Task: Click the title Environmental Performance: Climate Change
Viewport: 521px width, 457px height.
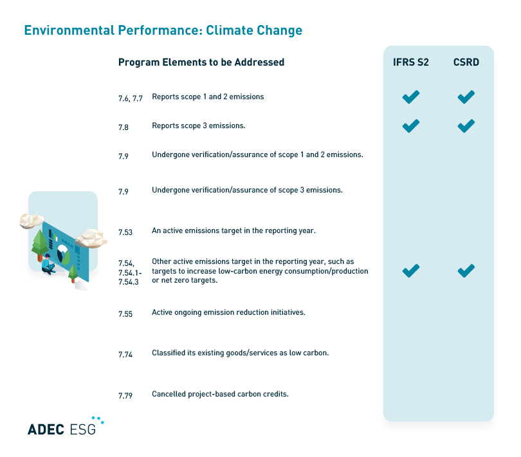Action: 163,30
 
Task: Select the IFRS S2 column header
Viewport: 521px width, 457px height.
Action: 411,62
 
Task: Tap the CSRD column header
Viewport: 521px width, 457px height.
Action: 466,62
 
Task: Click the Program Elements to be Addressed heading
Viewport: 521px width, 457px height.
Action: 201,62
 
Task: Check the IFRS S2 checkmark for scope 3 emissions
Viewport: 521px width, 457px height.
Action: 410,126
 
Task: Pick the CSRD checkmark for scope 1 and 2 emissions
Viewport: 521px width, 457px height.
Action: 466,97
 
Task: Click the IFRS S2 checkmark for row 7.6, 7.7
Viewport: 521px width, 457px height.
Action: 410,97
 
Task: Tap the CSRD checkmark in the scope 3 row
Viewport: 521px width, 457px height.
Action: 466,126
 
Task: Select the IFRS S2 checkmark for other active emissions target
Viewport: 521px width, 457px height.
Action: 410,271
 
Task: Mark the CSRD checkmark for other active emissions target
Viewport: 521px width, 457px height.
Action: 466,271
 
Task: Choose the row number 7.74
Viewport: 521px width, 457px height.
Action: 125,355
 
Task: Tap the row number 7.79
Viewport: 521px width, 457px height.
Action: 125,396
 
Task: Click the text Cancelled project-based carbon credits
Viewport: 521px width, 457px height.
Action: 220,393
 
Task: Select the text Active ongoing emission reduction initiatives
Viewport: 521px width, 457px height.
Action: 228,312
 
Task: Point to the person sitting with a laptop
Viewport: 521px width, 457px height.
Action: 48,265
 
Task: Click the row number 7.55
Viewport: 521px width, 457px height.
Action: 125,314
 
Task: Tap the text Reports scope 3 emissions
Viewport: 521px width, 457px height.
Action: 199,126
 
